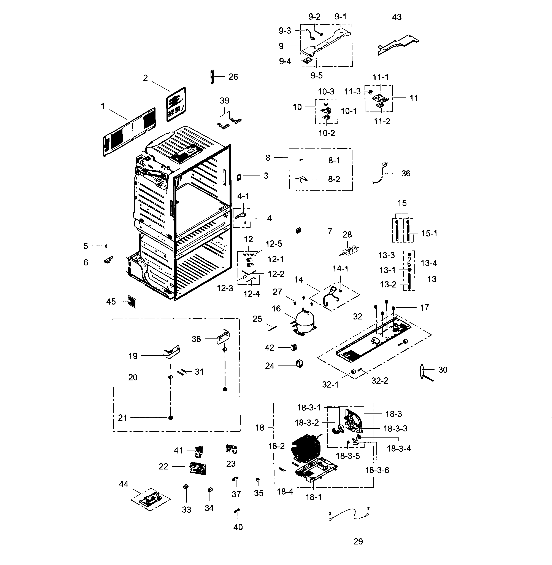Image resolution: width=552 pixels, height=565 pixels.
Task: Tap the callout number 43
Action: point(397,17)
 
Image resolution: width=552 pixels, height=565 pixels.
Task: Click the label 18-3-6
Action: point(377,470)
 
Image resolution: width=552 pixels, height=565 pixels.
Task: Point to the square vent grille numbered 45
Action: point(132,302)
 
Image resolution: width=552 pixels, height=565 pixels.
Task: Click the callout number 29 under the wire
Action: point(358,541)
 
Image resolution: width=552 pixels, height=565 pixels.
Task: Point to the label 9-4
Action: point(285,61)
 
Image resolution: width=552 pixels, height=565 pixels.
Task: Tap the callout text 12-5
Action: point(274,244)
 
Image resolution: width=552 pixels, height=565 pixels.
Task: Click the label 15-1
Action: point(429,233)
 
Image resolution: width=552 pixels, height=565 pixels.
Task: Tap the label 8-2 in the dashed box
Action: point(334,179)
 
